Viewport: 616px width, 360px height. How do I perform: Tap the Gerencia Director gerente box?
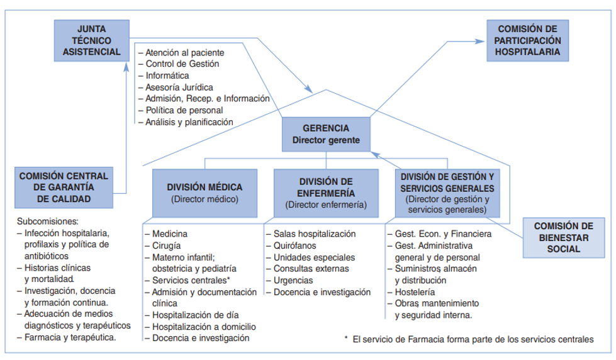[326, 133]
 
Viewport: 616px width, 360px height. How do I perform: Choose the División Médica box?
[204, 192]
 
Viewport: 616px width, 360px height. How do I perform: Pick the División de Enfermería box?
[326, 192]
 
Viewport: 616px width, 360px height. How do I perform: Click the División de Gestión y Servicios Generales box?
[446, 192]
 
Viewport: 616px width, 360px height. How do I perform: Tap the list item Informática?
[167, 76]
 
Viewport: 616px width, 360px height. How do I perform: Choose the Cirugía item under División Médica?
[167, 245]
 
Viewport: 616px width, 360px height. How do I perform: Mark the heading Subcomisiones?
[48, 222]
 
